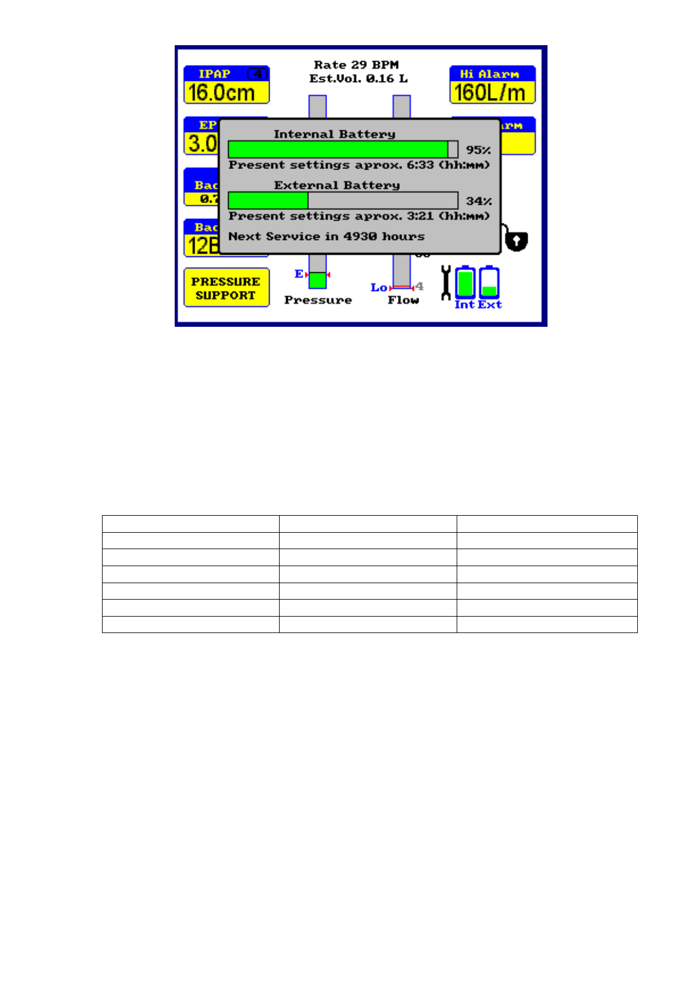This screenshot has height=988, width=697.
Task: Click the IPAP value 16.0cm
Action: pyautogui.click(x=222, y=93)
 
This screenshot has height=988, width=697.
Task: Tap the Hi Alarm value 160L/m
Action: pyautogui.click(x=490, y=93)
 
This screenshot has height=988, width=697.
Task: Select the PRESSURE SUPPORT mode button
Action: pyautogui.click(x=226, y=288)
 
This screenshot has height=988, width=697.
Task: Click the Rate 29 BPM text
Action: pyautogui.click(x=356, y=65)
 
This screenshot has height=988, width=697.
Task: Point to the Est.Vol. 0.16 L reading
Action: pyautogui.click(x=358, y=79)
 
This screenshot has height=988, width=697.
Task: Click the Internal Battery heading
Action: pyautogui.click(x=334, y=134)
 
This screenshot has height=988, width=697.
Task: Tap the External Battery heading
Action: pyautogui.click(x=336, y=185)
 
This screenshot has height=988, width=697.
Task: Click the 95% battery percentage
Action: pyautogui.click(x=478, y=150)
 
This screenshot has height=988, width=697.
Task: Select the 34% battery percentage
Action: pyautogui.click(x=478, y=201)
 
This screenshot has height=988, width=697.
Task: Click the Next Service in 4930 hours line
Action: pyautogui.click(x=326, y=236)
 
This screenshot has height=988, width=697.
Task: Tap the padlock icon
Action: pyautogui.click(x=516, y=240)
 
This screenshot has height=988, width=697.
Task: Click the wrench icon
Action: pyautogui.click(x=446, y=283)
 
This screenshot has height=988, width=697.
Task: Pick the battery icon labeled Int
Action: pyautogui.click(x=465, y=282)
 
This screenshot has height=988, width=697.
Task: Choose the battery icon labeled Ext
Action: pyautogui.click(x=489, y=282)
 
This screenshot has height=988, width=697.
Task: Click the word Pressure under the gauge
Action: pyautogui.click(x=318, y=300)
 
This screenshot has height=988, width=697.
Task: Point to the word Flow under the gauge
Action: pyautogui.click(x=403, y=300)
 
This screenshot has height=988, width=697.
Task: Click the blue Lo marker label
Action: pyautogui.click(x=378, y=287)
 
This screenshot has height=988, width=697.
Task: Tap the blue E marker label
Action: pyautogui.click(x=299, y=274)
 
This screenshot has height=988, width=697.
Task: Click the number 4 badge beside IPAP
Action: pyautogui.click(x=257, y=74)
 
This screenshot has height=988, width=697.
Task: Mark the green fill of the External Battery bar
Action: pyautogui.click(x=268, y=201)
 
